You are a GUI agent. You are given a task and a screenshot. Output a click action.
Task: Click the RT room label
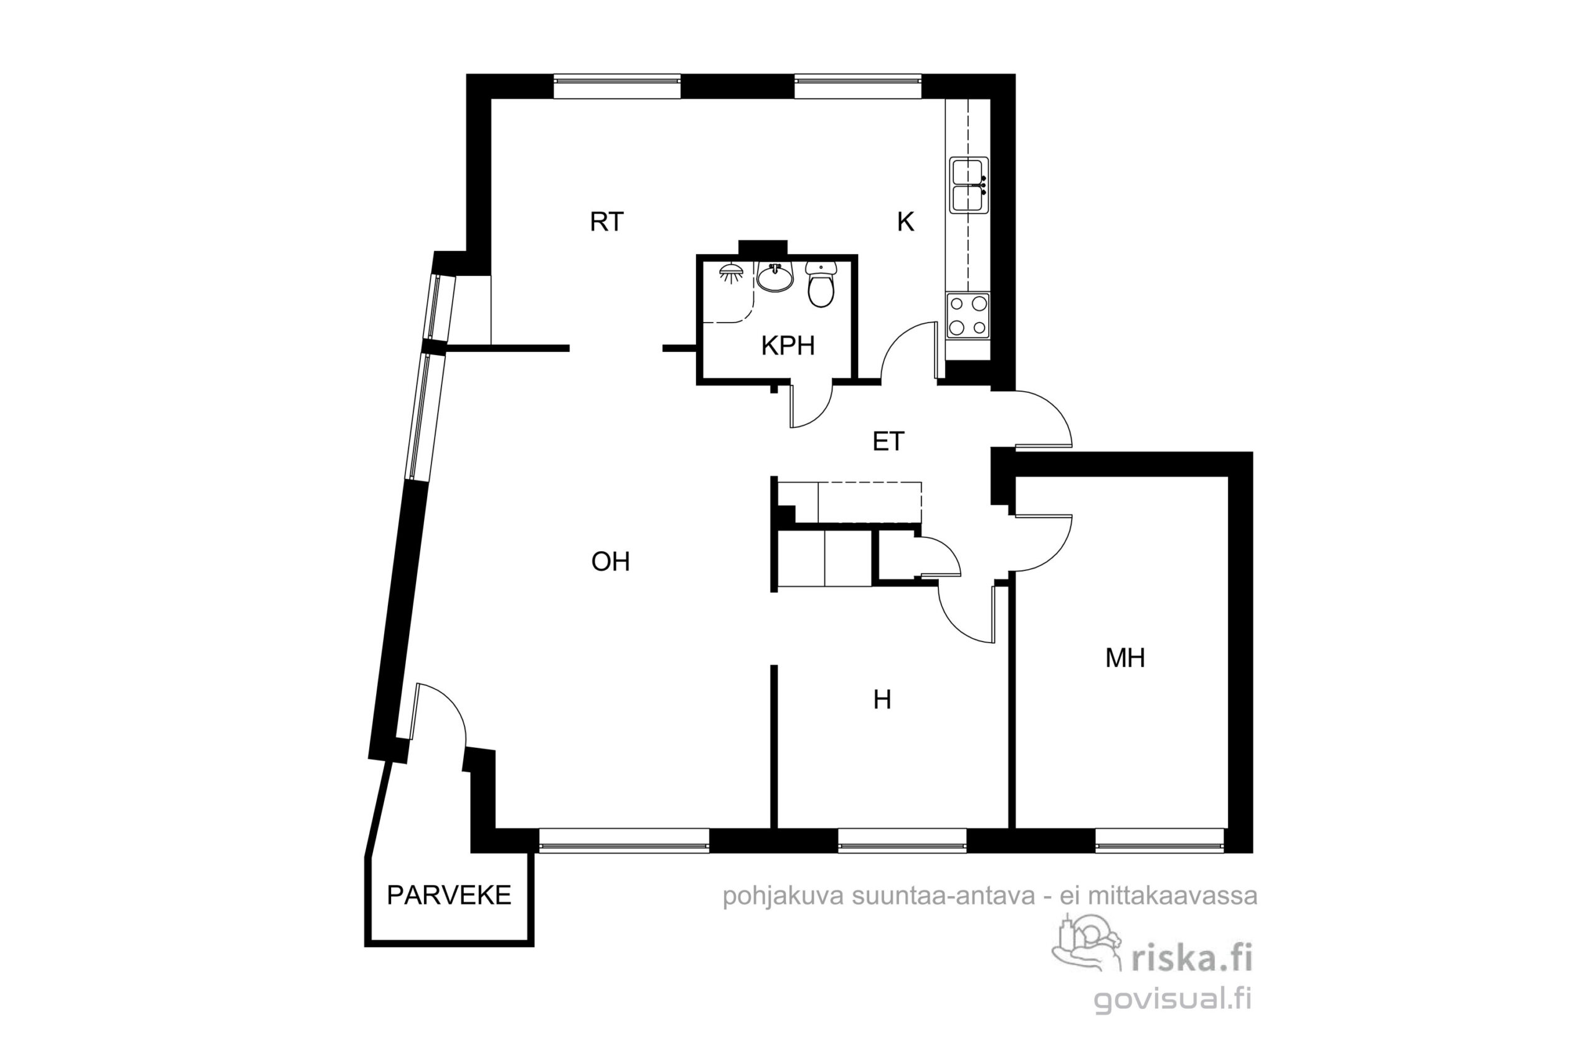[606, 222]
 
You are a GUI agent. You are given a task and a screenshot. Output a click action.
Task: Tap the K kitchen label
[905, 222]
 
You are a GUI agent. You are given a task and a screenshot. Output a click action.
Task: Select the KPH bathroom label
[788, 346]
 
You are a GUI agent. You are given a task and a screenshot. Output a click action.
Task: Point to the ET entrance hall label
[888, 442]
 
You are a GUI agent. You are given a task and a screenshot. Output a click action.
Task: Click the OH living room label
[611, 561]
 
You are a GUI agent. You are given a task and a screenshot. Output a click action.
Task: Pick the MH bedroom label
[1125, 658]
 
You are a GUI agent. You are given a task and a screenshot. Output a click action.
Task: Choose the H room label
[882, 699]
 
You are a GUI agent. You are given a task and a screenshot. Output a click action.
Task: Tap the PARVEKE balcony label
[449, 895]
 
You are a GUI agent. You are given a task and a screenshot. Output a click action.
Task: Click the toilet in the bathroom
[821, 284]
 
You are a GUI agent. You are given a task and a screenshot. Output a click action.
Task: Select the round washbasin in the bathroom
[775, 278]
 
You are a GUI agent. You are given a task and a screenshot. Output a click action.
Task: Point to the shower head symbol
[731, 273]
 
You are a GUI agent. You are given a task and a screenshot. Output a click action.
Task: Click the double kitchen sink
[969, 185]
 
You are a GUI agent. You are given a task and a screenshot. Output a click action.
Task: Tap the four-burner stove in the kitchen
[968, 316]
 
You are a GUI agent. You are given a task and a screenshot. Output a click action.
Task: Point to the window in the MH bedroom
[1159, 840]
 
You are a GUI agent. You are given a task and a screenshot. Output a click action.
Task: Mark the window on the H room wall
[902, 840]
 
